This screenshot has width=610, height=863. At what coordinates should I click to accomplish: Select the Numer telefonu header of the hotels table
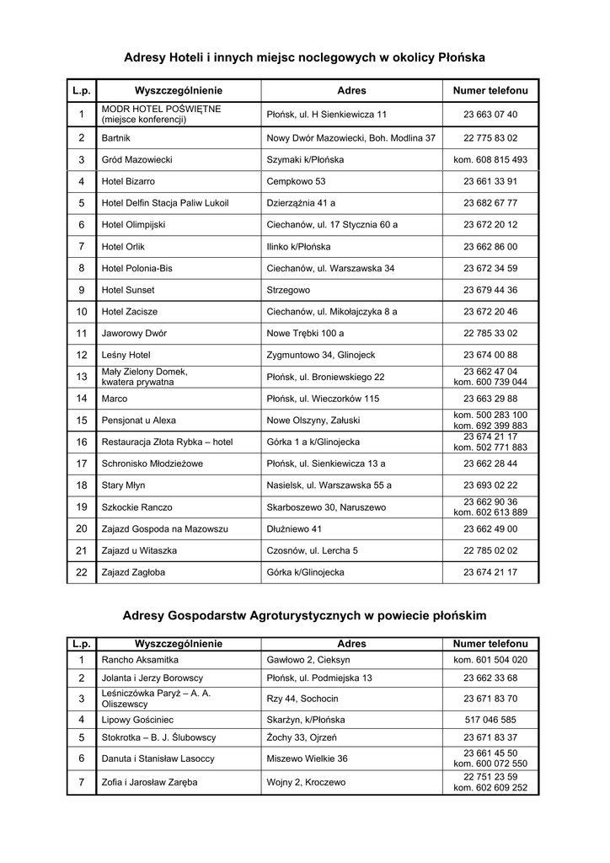pos(490,90)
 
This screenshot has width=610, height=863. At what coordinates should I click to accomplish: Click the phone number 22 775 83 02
pos(490,137)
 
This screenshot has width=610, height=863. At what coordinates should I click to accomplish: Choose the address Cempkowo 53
pos(296,181)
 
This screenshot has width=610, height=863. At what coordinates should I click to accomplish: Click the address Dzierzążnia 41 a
pos(301,203)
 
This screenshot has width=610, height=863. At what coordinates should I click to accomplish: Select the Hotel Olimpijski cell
pos(133,225)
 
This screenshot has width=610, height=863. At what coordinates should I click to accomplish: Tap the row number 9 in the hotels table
pos(82,290)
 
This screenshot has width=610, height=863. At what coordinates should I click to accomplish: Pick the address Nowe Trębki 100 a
pos(305,334)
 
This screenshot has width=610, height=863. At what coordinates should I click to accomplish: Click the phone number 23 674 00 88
pos(490,355)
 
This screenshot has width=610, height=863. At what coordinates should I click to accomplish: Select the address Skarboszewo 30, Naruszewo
pos(326,507)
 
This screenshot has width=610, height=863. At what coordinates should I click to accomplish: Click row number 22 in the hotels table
pos(82,572)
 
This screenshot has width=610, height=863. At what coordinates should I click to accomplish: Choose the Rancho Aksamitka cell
pos(140,660)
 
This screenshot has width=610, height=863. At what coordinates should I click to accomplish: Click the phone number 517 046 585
pos(490,720)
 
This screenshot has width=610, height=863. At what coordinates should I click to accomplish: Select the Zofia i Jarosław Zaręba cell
pos(149,782)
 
